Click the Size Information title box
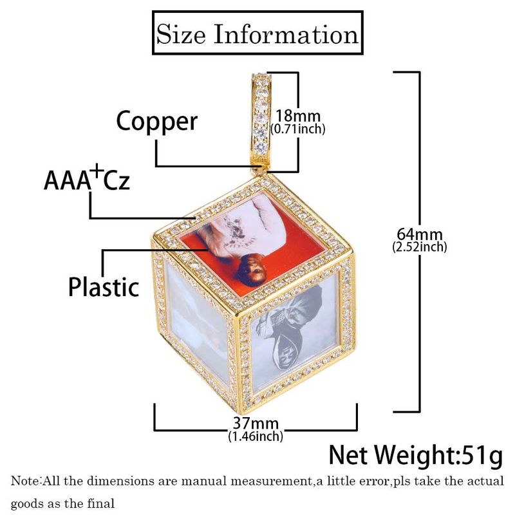pos(257,33)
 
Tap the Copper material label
pos(156,120)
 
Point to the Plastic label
pos(104,286)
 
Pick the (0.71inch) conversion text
pos(297,129)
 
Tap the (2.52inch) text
pos(420,246)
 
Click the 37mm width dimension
pos(256,424)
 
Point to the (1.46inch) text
pos(256,437)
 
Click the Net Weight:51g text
pos(416,455)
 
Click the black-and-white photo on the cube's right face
pos(293,335)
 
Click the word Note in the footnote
pos(24,482)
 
